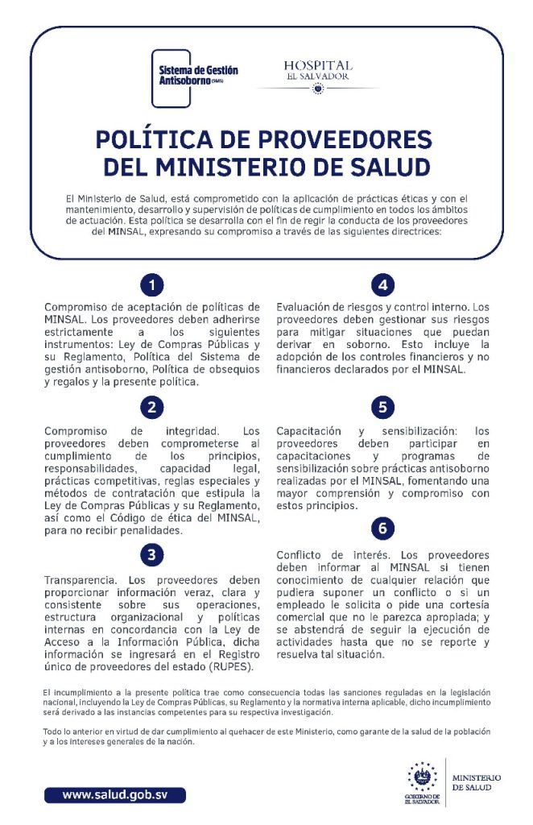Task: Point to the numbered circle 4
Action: click(383, 285)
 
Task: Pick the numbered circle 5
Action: click(383, 407)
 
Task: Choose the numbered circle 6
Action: click(383, 529)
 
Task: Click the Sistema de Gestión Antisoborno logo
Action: click(196, 75)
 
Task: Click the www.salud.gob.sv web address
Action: click(115, 794)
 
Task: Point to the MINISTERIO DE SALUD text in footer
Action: click(476, 782)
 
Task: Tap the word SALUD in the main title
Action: click(386, 168)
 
